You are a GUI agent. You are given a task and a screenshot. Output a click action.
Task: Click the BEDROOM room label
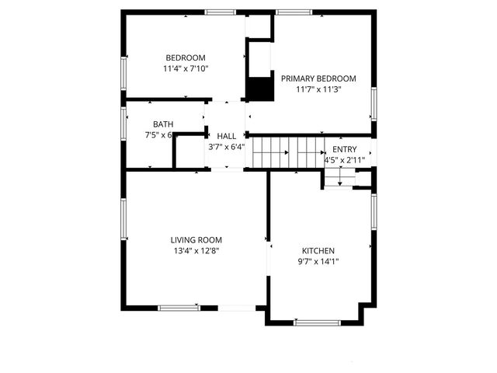(x=186, y=58)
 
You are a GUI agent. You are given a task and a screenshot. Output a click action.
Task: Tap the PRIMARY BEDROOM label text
(x=318, y=78)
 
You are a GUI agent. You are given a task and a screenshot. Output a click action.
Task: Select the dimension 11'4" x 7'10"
(x=186, y=68)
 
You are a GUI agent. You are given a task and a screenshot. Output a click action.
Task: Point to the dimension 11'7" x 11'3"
(x=318, y=89)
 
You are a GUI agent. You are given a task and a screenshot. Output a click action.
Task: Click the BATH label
(x=163, y=124)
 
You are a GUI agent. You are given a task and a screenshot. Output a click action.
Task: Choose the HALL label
(x=226, y=136)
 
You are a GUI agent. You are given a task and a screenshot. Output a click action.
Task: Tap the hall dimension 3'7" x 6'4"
(x=226, y=146)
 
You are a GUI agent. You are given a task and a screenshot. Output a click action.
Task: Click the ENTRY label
(x=345, y=149)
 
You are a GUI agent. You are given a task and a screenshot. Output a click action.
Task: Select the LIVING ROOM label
(x=196, y=240)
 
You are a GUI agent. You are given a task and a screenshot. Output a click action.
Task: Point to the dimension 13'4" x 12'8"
(x=196, y=251)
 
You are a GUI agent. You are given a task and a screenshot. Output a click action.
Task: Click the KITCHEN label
(x=318, y=251)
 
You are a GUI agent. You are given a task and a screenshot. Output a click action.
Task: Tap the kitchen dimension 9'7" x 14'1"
(x=318, y=262)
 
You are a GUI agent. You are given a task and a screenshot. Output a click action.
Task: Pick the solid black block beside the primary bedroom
(x=260, y=88)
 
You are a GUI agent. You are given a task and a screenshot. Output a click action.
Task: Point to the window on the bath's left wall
(x=123, y=123)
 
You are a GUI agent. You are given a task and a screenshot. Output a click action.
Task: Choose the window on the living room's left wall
(x=123, y=219)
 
